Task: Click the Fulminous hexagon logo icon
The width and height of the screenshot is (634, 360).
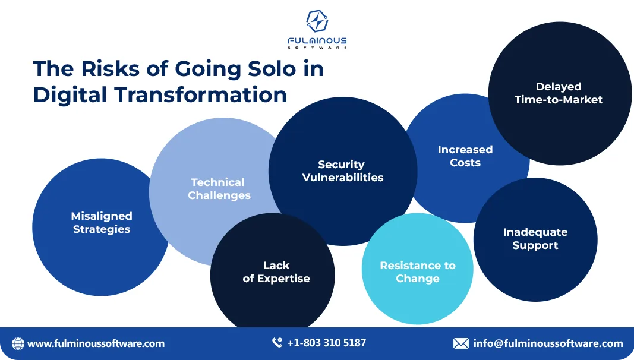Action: (x=317, y=21)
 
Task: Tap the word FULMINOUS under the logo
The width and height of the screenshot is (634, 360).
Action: (x=317, y=40)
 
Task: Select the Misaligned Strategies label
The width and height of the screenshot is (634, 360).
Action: (x=102, y=223)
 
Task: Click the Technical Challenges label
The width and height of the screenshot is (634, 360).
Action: (x=219, y=189)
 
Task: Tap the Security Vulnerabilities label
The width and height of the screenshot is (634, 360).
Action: (x=342, y=171)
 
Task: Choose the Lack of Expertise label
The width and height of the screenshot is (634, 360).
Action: (x=276, y=272)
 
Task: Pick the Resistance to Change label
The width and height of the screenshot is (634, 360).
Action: (x=417, y=272)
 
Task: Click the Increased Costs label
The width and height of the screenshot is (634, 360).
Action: (x=465, y=156)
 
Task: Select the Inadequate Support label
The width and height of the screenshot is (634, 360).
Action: (x=535, y=239)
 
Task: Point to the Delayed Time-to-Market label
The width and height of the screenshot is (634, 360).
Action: (x=558, y=93)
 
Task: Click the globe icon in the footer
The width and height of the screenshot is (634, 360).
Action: (x=18, y=343)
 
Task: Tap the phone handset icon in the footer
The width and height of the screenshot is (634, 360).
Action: (x=277, y=343)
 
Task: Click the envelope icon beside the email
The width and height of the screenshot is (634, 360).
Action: (x=460, y=343)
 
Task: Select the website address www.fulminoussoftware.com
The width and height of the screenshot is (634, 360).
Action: (x=96, y=343)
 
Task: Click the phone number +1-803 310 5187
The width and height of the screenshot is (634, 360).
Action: (x=326, y=343)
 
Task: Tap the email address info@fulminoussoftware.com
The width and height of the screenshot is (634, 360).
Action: (x=548, y=343)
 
